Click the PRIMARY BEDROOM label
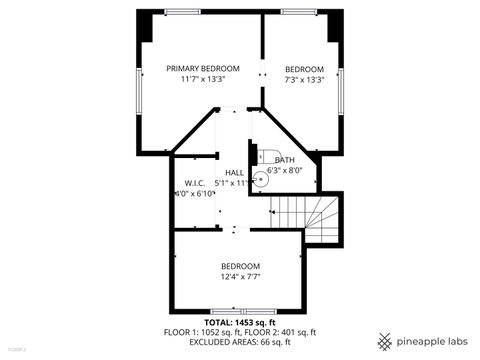pyautogui.click(x=203, y=68)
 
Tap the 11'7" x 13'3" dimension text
pyautogui.click(x=203, y=79)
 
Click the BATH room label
pyautogui.click(x=285, y=160)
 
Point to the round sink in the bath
pyautogui.click(x=260, y=180)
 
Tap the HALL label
pyautogui.click(x=234, y=172)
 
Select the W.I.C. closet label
pyautogui.click(x=194, y=183)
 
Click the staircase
pyautogui.click(x=304, y=214)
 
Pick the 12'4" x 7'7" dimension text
pyautogui.click(x=240, y=276)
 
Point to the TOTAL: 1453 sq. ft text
pyautogui.click(x=240, y=323)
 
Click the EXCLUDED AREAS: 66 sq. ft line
pyautogui.click(x=240, y=341)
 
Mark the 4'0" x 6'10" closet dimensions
pyautogui.click(x=194, y=194)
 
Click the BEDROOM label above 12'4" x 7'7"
pyautogui.click(x=240, y=265)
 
